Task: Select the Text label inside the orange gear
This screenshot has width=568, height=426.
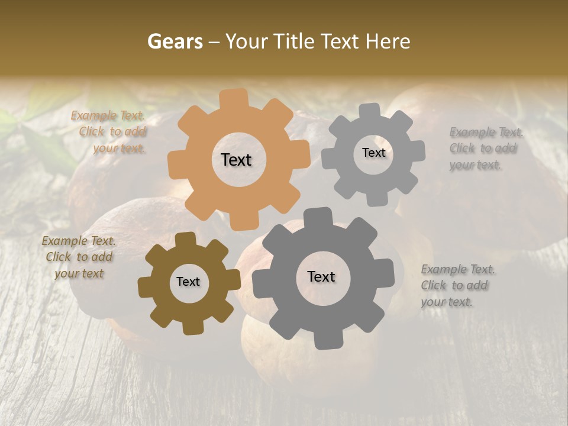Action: point(236,160)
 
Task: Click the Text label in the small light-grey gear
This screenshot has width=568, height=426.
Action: point(373,153)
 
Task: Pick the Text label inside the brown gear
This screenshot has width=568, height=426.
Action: point(188,282)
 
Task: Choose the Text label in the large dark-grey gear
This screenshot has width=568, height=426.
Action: point(321,276)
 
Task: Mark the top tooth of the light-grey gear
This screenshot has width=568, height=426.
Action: point(370,111)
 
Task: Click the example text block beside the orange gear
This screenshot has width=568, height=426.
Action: point(109,132)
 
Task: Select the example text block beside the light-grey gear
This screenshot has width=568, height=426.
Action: point(485,149)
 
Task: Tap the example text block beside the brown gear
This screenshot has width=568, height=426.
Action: point(79,257)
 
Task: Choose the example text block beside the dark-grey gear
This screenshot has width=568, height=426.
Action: point(457,286)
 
